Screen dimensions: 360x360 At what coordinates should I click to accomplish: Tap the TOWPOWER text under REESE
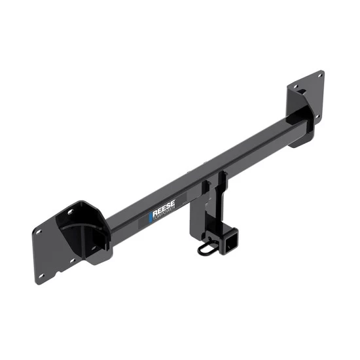click(x=164, y=219)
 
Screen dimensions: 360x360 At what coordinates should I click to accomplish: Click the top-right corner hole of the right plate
click(x=319, y=77)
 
